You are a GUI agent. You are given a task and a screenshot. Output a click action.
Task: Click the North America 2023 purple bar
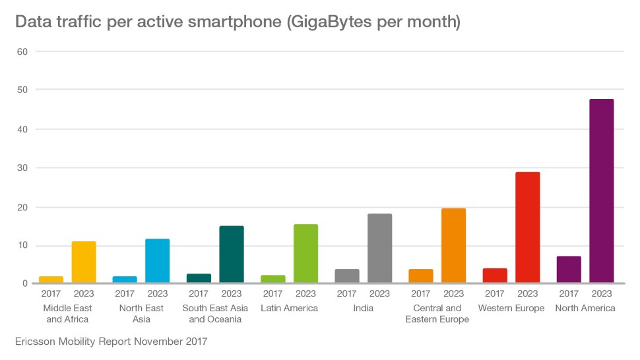602,191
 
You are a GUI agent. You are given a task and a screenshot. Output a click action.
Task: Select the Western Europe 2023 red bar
528,227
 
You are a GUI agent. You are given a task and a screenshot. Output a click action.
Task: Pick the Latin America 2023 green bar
305,254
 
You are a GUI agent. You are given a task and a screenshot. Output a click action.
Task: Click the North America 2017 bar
569,270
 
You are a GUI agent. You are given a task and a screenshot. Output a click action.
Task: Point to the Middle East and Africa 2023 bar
84,262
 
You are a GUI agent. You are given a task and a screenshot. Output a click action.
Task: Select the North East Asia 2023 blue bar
158,261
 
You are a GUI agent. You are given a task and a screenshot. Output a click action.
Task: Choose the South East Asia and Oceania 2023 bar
232,255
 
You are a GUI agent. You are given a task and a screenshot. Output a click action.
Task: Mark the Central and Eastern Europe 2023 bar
453,246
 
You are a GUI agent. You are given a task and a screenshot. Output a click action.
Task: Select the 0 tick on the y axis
24,284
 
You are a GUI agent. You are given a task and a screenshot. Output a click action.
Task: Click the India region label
363,309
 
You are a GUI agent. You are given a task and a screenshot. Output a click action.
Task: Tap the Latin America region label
289,309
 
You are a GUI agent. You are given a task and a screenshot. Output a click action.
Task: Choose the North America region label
585,309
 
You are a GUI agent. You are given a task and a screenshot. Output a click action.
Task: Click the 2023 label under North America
602,294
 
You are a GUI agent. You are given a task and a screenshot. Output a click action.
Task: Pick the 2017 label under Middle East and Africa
51,294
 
